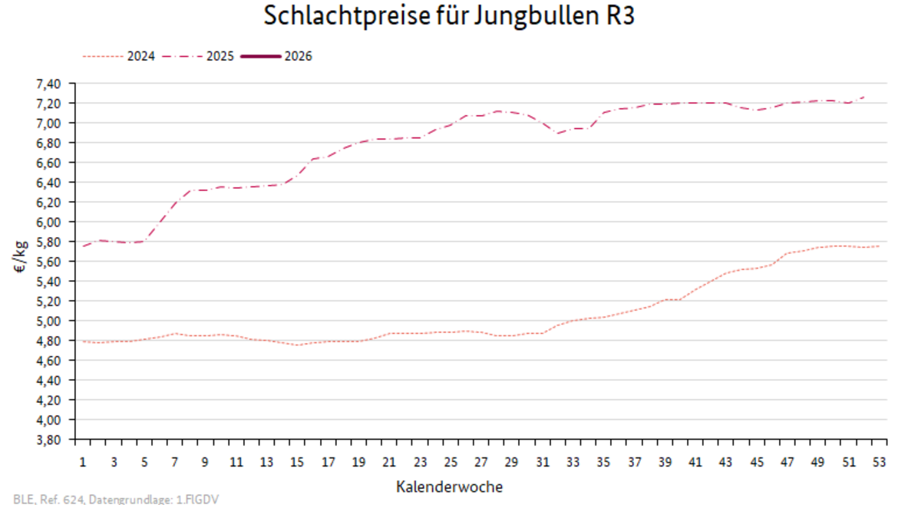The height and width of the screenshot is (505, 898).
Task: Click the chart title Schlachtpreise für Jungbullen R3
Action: coord(449,16)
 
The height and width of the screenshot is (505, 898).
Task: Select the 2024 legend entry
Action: coord(142,56)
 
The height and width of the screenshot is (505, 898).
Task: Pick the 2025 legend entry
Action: coord(221,56)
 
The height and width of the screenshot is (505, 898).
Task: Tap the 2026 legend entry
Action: coord(298,56)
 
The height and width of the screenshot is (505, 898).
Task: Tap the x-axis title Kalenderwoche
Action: coord(449,487)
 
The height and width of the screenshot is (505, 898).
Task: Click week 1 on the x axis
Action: coord(83,462)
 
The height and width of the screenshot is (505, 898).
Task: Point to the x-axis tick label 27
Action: coord(481,462)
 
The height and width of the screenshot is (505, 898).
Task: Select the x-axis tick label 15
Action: coord(297,462)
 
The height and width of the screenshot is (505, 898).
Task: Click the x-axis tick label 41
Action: coord(695,462)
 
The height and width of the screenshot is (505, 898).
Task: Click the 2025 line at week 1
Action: coord(83,246)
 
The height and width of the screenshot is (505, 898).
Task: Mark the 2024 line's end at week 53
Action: coord(879,246)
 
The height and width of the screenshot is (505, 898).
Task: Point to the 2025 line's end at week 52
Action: coord(863,97)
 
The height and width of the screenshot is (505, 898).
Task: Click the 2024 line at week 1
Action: coord(83,341)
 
